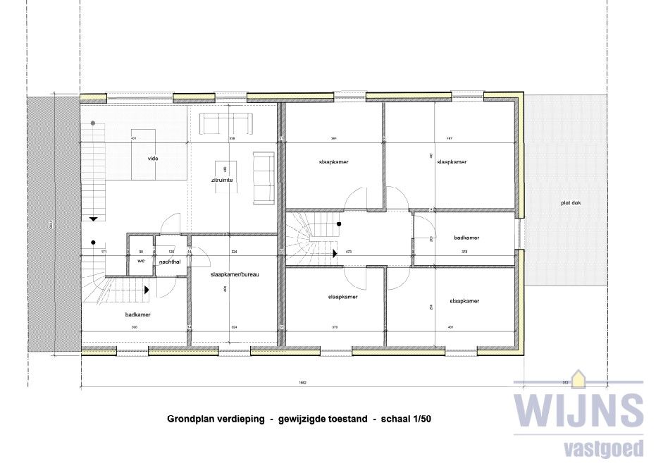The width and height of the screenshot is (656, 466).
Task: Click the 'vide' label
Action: (x=153, y=159)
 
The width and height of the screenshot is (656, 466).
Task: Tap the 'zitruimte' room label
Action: (x=223, y=180)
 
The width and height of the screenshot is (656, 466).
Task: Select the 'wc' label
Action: (x=141, y=261)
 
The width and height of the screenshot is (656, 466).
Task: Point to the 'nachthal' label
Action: (x=170, y=262)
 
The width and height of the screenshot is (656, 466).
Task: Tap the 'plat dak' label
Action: (x=571, y=204)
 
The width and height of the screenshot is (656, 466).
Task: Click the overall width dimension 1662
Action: (x=302, y=384)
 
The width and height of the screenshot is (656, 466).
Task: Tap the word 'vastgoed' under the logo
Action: (x=605, y=448)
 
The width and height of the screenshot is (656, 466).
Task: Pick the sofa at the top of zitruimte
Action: (x=226, y=125)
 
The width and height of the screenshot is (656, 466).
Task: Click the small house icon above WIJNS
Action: (x=578, y=379)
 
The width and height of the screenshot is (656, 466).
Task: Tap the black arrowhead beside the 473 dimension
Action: (x=335, y=250)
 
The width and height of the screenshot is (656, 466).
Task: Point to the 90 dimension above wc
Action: (x=140, y=252)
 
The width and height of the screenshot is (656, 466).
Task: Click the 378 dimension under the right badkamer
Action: (x=464, y=252)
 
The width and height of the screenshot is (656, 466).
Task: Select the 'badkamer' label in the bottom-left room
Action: (x=138, y=314)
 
